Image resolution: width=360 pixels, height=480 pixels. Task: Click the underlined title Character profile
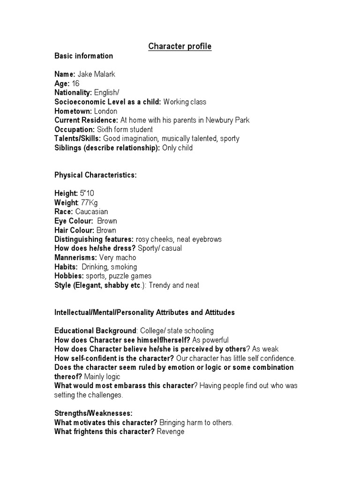pyautogui.click(x=180, y=46)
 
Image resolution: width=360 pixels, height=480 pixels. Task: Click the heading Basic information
pyautogui.click(x=84, y=56)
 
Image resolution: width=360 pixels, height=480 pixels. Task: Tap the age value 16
pyautogui.click(x=75, y=83)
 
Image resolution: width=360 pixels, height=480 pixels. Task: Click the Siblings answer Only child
pyautogui.click(x=177, y=148)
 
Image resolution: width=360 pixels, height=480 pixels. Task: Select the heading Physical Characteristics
pyautogui.click(x=96, y=175)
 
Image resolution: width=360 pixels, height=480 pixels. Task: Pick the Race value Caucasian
pyautogui.click(x=91, y=211)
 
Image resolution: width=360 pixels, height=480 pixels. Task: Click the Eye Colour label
pyautogui.click(x=72, y=221)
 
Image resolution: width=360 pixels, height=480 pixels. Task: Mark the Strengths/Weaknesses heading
pyautogui.click(x=94, y=413)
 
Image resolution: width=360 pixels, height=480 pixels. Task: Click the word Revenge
pyautogui.click(x=171, y=431)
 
